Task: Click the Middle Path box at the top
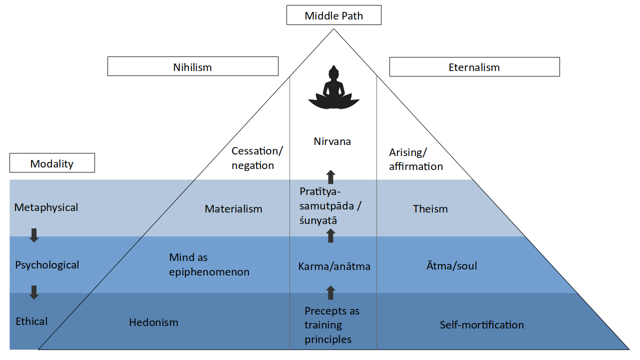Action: coord(333,15)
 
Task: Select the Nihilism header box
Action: coord(192,66)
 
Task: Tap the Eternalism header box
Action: coord(474,67)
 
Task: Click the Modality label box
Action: coord(52,163)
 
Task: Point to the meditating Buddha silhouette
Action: coord(333,88)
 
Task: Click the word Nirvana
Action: coord(332,141)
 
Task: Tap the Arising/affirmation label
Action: coord(415,159)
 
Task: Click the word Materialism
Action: coord(233,209)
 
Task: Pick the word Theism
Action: coord(430,209)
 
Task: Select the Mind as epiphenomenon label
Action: coord(209,265)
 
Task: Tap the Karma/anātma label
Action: coord(334,266)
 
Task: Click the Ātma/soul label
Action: coord(451,265)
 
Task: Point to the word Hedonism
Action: coord(153,322)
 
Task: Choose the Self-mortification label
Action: coord(481,325)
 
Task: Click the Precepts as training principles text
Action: coord(331,325)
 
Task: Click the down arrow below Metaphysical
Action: coord(34,235)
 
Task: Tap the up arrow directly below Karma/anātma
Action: coord(330,292)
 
